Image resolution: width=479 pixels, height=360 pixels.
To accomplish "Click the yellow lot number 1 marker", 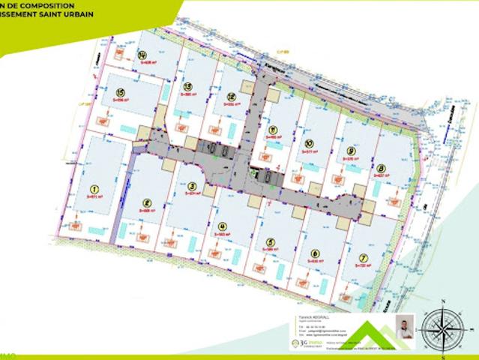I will (94, 189).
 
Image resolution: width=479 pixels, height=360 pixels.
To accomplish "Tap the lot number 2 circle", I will (147, 202).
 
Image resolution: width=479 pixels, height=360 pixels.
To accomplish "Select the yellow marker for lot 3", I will (192, 187).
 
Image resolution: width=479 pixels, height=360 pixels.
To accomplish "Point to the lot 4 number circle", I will (222, 226).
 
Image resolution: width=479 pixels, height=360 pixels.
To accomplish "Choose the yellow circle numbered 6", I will (315, 253).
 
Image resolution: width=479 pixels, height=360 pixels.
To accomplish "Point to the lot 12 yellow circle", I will (232, 97).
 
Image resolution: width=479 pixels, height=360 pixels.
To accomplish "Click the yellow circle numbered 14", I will (142, 53).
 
